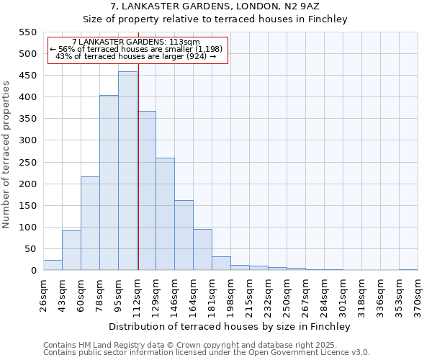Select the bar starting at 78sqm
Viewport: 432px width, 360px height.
(x=109, y=183)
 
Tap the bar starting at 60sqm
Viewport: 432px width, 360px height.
(x=90, y=223)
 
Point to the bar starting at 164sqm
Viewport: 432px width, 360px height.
(x=202, y=249)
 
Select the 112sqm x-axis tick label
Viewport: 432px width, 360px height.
(x=138, y=295)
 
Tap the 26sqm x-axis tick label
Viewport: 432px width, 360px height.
(x=44, y=295)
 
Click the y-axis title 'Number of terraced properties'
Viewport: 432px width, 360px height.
(x=7, y=154)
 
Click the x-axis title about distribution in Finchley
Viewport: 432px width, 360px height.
(x=230, y=327)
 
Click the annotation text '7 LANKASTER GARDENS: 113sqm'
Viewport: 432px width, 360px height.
(x=137, y=42)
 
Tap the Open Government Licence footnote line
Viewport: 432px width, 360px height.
(x=207, y=353)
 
